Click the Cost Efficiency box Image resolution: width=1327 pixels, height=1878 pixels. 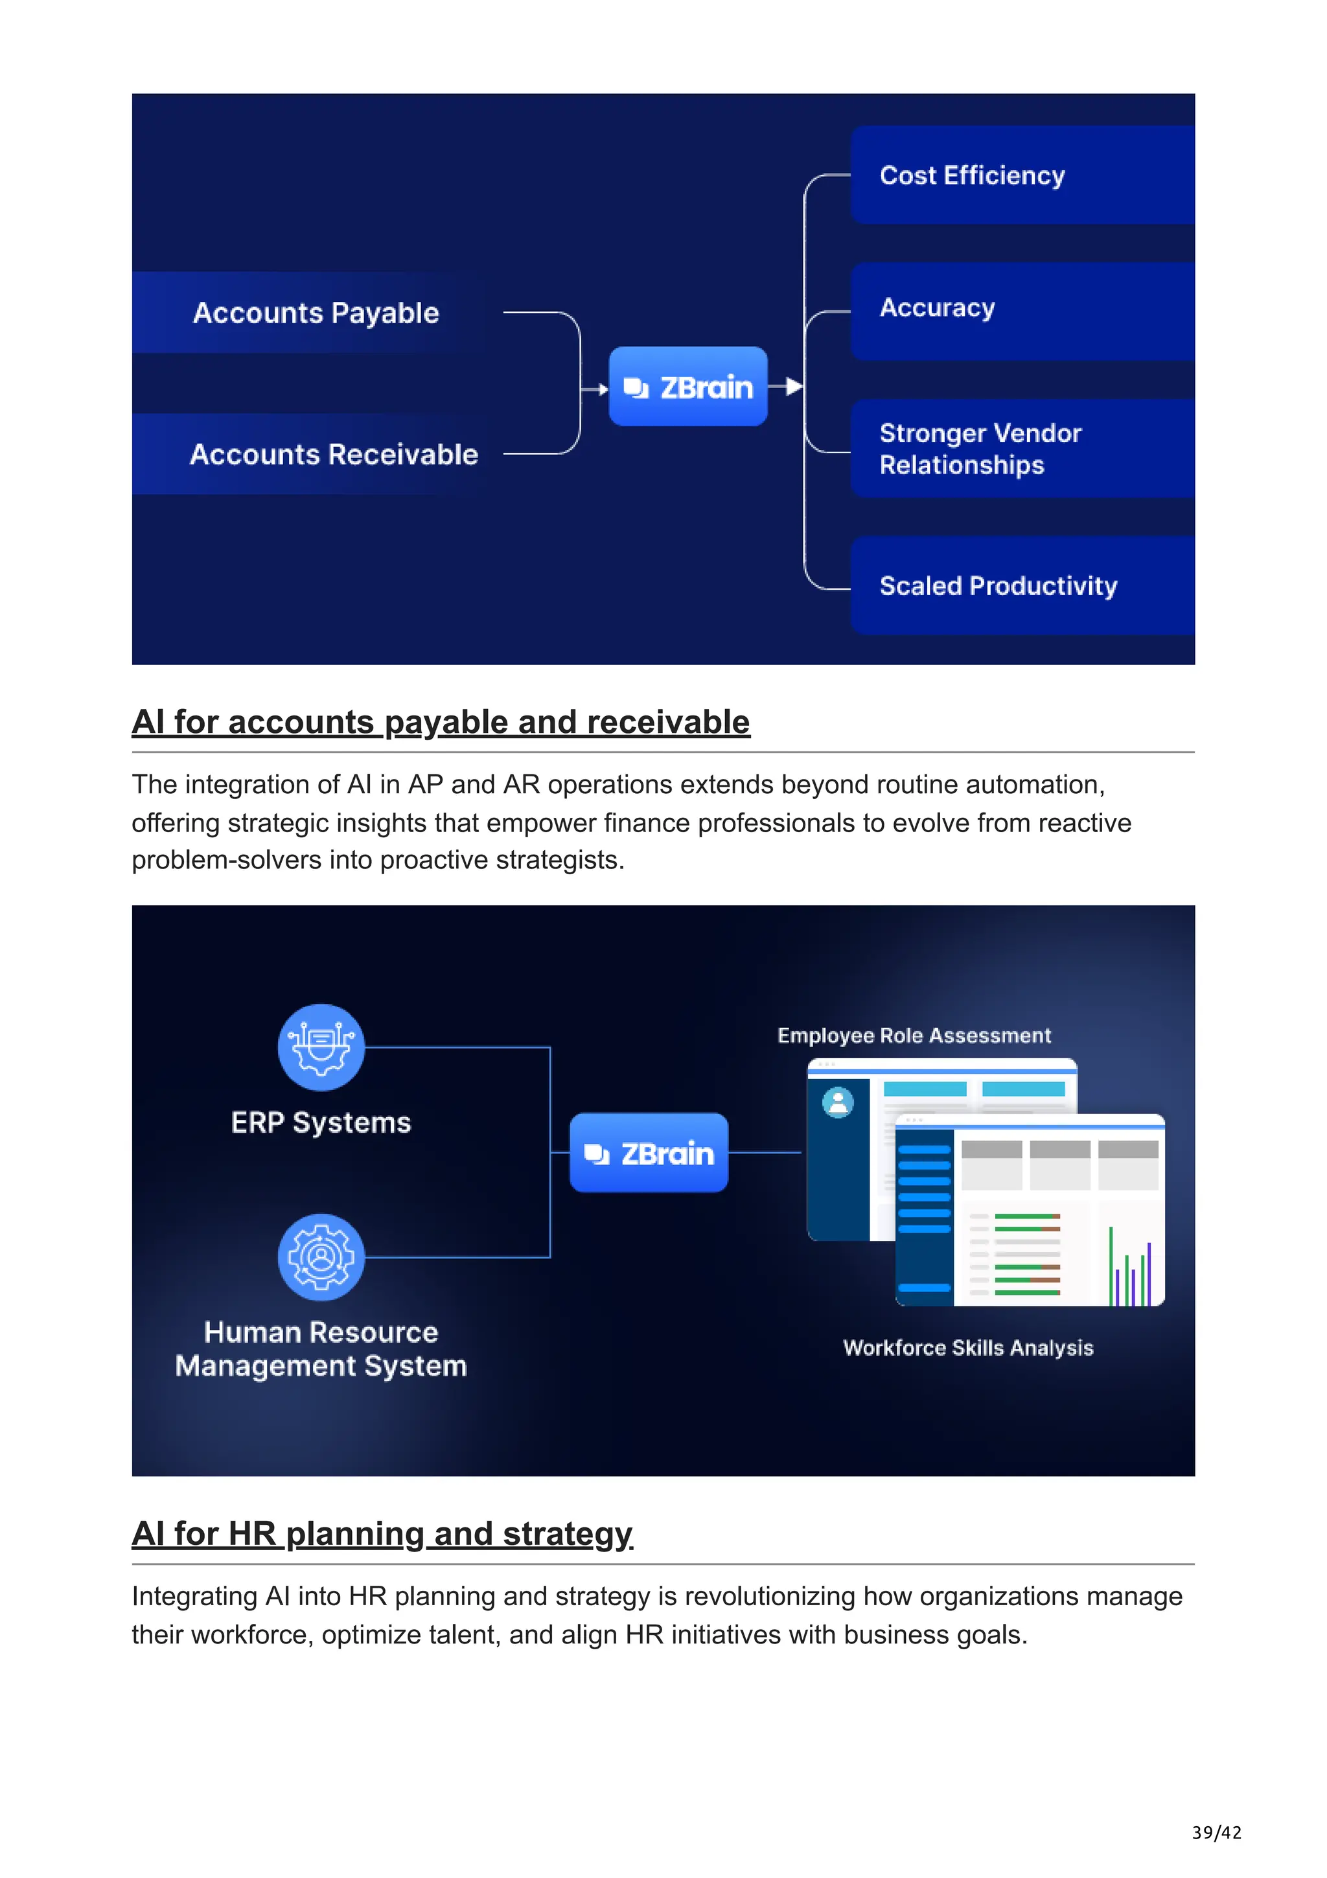pos(1021,175)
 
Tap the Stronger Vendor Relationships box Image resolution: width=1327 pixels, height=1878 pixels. pos(1021,448)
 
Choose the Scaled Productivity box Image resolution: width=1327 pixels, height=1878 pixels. pos(1021,586)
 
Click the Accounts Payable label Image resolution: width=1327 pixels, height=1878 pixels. pos(316,312)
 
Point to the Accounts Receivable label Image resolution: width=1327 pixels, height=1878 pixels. pos(334,454)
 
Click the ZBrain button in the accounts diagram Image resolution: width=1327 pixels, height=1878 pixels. pos(687,386)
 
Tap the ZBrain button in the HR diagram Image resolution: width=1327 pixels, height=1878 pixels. pos(649,1152)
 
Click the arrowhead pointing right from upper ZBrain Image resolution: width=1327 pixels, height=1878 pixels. pos(793,386)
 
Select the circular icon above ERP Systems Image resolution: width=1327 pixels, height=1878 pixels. pos(321,1047)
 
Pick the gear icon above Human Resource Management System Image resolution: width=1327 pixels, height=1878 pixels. pos(321,1257)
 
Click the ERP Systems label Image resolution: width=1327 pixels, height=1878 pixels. pos(321,1122)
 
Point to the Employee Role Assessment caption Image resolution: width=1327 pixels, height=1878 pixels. pos(913,1036)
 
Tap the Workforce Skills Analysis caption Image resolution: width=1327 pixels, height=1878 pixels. pos(968,1348)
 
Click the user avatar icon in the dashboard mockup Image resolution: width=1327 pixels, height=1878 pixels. pos(837,1102)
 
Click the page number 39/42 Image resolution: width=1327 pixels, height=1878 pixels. pos(1216,1832)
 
